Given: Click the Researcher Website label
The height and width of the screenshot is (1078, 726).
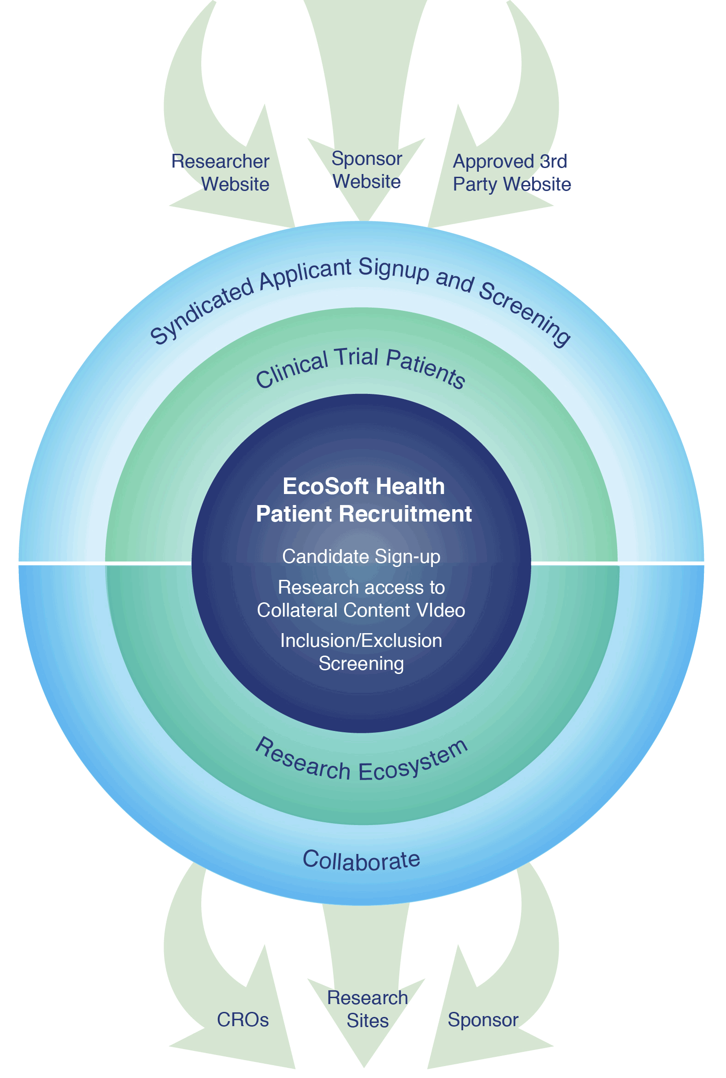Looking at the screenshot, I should point(221,173).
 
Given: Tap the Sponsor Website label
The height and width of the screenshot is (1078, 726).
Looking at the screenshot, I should point(367,170).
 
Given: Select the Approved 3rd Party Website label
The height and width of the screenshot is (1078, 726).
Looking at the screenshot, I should point(511,173).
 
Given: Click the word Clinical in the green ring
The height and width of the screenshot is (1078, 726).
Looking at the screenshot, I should point(292,370).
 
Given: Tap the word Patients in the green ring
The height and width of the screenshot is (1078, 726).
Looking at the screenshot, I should point(425,368).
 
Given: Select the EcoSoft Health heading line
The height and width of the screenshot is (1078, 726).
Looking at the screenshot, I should point(363,486).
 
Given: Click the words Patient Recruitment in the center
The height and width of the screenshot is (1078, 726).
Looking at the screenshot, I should point(363,514).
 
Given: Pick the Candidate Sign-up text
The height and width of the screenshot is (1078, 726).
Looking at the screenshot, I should point(361,556).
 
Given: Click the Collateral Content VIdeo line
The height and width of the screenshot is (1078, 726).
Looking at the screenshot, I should point(361,610).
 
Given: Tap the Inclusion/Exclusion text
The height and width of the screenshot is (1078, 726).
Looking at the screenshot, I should point(361,640).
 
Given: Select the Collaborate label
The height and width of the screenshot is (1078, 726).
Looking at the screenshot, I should point(361,859).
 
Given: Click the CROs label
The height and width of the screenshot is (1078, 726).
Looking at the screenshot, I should point(243,1019).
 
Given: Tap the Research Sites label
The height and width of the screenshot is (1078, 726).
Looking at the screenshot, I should point(367,1009).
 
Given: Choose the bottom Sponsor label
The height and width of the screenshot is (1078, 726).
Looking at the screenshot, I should point(483,1019).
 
